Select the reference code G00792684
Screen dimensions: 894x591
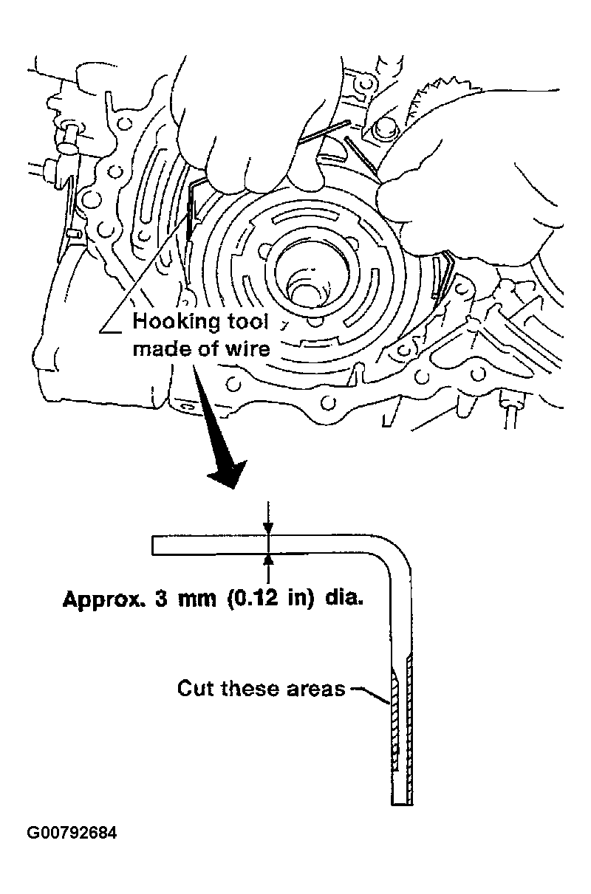tap(72, 833)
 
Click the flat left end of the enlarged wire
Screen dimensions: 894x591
tap(154, 545)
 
